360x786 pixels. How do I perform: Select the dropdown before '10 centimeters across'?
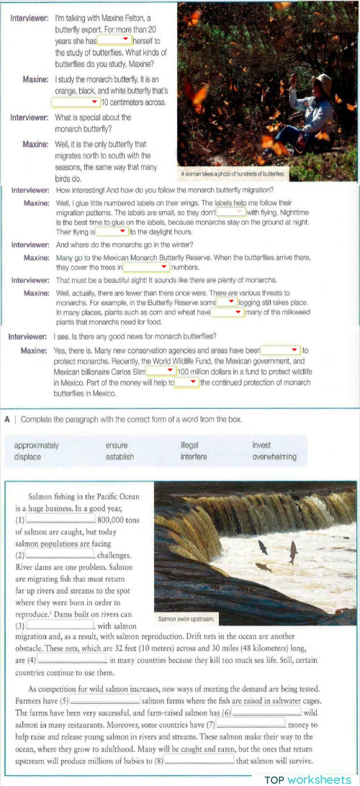coord(78,102)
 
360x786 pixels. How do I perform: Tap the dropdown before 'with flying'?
coord(230,212)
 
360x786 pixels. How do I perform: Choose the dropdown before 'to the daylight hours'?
coord(112,232)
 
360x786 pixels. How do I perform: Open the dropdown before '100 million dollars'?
coord(161,371)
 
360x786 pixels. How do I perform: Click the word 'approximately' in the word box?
coord(37,445)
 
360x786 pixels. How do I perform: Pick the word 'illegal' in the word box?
coord(189,445)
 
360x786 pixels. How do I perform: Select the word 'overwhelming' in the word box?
coord(274,456)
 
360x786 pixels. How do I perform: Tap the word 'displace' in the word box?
coord(27,456)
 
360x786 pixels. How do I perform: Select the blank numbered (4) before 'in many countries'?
coord(71,659)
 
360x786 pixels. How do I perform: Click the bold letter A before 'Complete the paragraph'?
coord(6,418)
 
